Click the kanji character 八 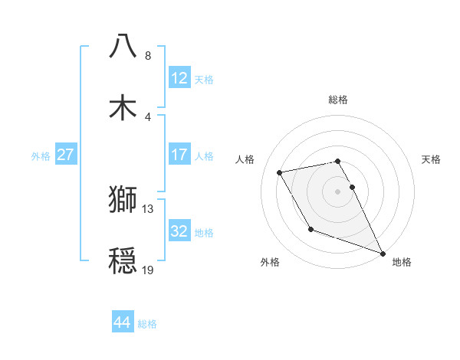point(123,46)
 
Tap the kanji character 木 point(123,107)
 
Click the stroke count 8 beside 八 point(147,56)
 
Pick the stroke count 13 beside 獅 point(148,208)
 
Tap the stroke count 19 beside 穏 point(148,270)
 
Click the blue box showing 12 point(179,78)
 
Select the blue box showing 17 point(179,155)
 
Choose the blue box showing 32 point(179,231)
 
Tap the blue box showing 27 point(65,155)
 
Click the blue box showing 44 point(122,323)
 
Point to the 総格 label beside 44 point(148,324)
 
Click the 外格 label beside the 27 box point(41,156)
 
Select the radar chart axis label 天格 point(431,159)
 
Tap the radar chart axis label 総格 point(338,100)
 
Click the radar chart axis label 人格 point(246,159)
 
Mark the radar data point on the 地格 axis point(383,253)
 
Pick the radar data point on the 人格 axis point(280,172)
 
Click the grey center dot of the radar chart point(338,191)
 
